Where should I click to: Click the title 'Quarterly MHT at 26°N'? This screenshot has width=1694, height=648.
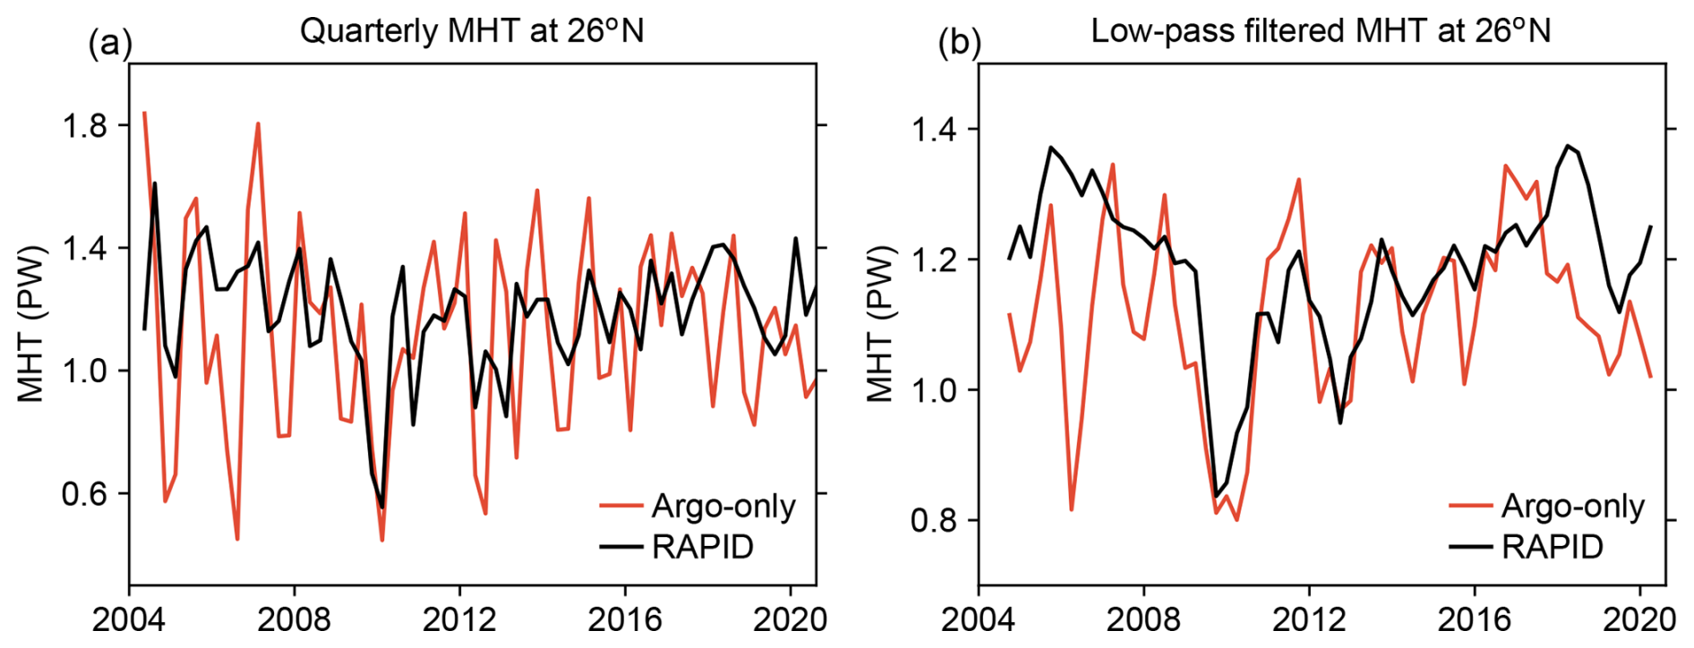tap(472, 31)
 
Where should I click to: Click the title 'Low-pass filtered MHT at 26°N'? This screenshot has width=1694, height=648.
tap(1321, 31)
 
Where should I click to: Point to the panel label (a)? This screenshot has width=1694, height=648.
tap(110, 43)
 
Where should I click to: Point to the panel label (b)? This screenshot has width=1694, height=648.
tap(959, 43)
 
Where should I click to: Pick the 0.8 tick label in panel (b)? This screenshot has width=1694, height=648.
tap(933, 520)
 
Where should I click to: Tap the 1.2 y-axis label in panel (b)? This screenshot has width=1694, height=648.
tap(933, 260)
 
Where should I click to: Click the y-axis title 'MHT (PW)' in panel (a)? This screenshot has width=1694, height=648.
tap(31, 323)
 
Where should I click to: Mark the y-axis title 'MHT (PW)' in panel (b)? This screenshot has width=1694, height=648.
tap(880, 323)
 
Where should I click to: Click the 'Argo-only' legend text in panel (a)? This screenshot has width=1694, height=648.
tap(723, 507)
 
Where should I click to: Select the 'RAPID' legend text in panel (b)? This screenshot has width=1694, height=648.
tap(1552, 547)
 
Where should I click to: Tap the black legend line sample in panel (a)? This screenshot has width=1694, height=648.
tap(621, 547)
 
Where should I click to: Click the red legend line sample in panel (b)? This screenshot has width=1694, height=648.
tap(1470, 507)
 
